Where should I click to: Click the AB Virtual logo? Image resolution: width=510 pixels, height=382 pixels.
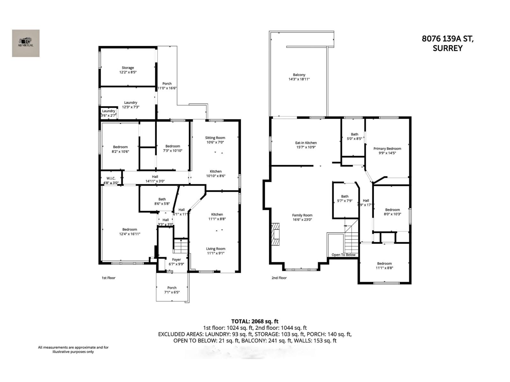tap(26, 43)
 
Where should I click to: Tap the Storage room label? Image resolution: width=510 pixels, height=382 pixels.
tap(128, 70)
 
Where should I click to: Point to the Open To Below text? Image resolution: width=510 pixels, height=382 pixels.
tap(343, 255)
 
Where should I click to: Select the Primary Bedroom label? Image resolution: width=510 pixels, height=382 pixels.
tap(387, 151)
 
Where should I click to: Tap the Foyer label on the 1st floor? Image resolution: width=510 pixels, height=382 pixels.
tap(176, 262)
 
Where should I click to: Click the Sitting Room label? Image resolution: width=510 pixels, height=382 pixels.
tap(215, 140)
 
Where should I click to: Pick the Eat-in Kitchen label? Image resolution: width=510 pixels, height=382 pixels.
tap(306, 145)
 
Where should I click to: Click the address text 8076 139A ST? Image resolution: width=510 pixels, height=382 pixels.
tap(448, 39)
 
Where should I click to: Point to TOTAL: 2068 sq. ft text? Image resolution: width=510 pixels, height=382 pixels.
tap(255, 321)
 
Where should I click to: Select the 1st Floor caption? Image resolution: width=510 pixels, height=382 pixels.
tap(108, 278)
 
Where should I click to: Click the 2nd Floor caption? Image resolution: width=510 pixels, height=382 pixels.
tap(279, 278)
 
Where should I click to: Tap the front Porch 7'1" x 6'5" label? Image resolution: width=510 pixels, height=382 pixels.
tap(172, 290)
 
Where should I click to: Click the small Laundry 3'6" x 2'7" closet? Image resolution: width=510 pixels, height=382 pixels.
tap(108, 113)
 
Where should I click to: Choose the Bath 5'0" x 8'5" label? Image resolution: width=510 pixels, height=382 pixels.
tap(354, 136)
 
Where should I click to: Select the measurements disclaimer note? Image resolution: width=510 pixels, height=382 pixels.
tap(73, 349)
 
